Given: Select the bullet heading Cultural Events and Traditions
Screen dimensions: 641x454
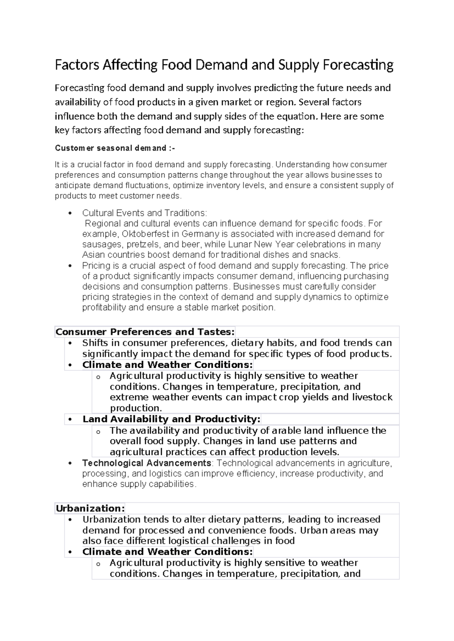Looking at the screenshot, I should pyautogui.click(x=145, y=213).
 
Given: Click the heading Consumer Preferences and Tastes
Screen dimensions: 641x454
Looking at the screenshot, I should pyautogui.click(x=145, y=332).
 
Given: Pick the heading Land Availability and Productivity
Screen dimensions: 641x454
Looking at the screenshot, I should pyautogui.click(x=171, y=419).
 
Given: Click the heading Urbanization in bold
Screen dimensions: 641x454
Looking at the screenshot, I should pyautogui.click(x=90, y=508).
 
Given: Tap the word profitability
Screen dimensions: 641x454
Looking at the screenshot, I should pyautogui.click(x=104, y=308).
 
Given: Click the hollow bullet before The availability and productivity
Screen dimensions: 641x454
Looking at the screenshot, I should pyautogui.click(x=98, y=431).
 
